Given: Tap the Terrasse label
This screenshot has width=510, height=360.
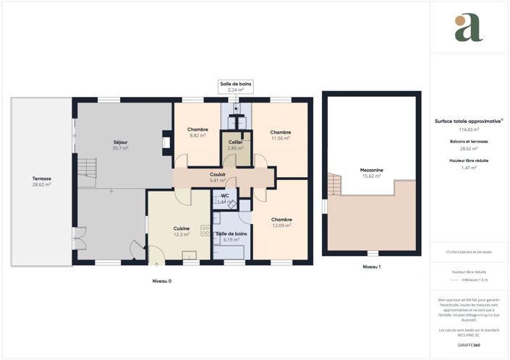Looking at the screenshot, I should pos(41,178).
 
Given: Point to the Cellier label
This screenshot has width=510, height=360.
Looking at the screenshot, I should pos(234,142).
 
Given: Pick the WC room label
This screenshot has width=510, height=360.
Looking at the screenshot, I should pos(225,195).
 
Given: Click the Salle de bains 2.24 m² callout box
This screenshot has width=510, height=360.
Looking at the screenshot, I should pos(237,87).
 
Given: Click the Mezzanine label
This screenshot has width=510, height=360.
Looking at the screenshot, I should pos(371,171).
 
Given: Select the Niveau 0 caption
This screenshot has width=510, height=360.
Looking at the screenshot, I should pos(162,280).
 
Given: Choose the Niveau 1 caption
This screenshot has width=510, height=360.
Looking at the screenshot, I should pos(371,267).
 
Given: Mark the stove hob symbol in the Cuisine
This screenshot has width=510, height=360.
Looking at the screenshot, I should pos(205,229).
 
